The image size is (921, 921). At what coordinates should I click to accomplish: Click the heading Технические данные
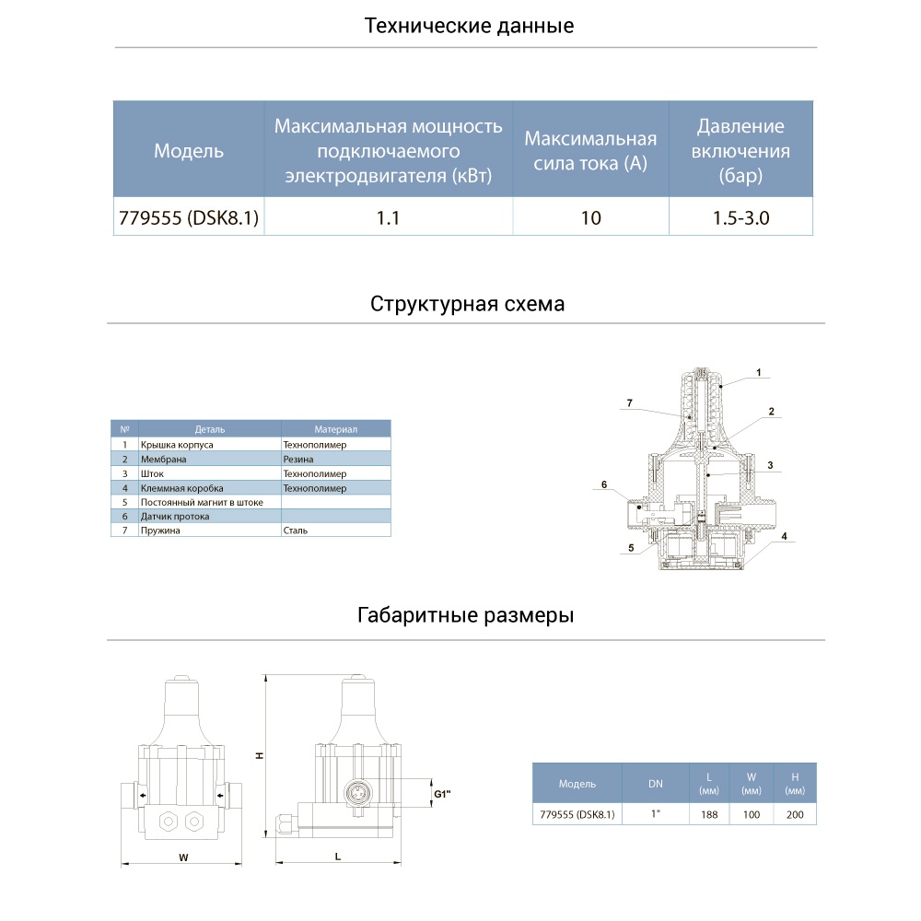pyautogui.click(x=469, y=26)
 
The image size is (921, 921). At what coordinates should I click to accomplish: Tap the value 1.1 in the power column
pyautogui.click(x=389, y=218)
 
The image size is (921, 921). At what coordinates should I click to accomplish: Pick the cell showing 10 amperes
pyautogui.click(x=590, y=218)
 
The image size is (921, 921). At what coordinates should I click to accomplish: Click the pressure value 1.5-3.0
pyautogui.click(x=740, y=218)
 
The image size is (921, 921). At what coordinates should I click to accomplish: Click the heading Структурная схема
pyautogui.click(x=467, y=304)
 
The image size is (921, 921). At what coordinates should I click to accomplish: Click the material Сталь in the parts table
pyautogui.click(x=296, y=530)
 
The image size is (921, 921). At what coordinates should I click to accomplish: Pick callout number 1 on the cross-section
pyautogui.click(x=758, y=373)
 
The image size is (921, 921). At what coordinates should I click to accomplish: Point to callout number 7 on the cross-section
pyautogui.click(x=629, y=403)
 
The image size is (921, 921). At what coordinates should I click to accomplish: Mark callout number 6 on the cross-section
pyautogui.click(x=604, y=484)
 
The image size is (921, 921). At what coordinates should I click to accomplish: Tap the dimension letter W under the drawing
pyautogui.click(x=183, y=858)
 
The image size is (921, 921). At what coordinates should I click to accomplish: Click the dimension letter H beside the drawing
pyautogui.click(x=260, y=755)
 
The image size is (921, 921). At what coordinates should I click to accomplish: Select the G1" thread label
pyautogui.click(x=441, y=793)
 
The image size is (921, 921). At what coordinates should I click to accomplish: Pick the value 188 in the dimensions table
pyautogui.click(x=709, y=814)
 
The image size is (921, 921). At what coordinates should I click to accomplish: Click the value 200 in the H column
pyautogui.click(x=795, y=814)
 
